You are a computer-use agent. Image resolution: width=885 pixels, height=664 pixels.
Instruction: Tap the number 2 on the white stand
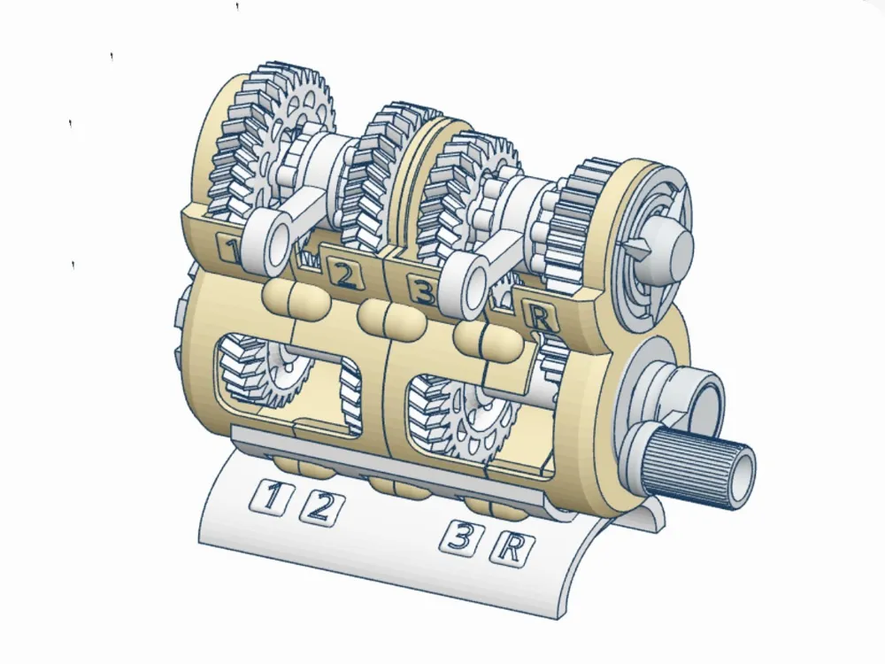click(x=319, y=507)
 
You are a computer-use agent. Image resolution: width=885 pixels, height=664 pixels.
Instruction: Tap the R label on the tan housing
click(x=541, y=317)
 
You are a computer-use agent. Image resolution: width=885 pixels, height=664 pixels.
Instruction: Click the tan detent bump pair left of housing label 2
click(x=296, y=297)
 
